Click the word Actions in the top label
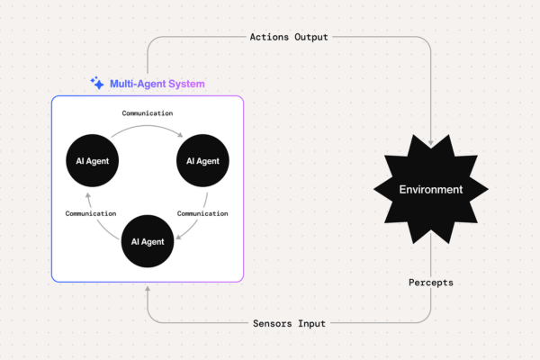click(267, 37)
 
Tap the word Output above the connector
click(310, 37)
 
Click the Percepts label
click(431, 282)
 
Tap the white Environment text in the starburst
click(431, 190)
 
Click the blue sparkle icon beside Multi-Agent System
click(97, 83)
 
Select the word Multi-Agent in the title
click(139, 84)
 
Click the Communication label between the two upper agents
click(147, 113)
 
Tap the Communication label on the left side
click(91, 213)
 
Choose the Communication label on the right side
click(202, 213)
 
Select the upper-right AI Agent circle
click(202, 161)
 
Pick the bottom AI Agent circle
click(147, 241)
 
